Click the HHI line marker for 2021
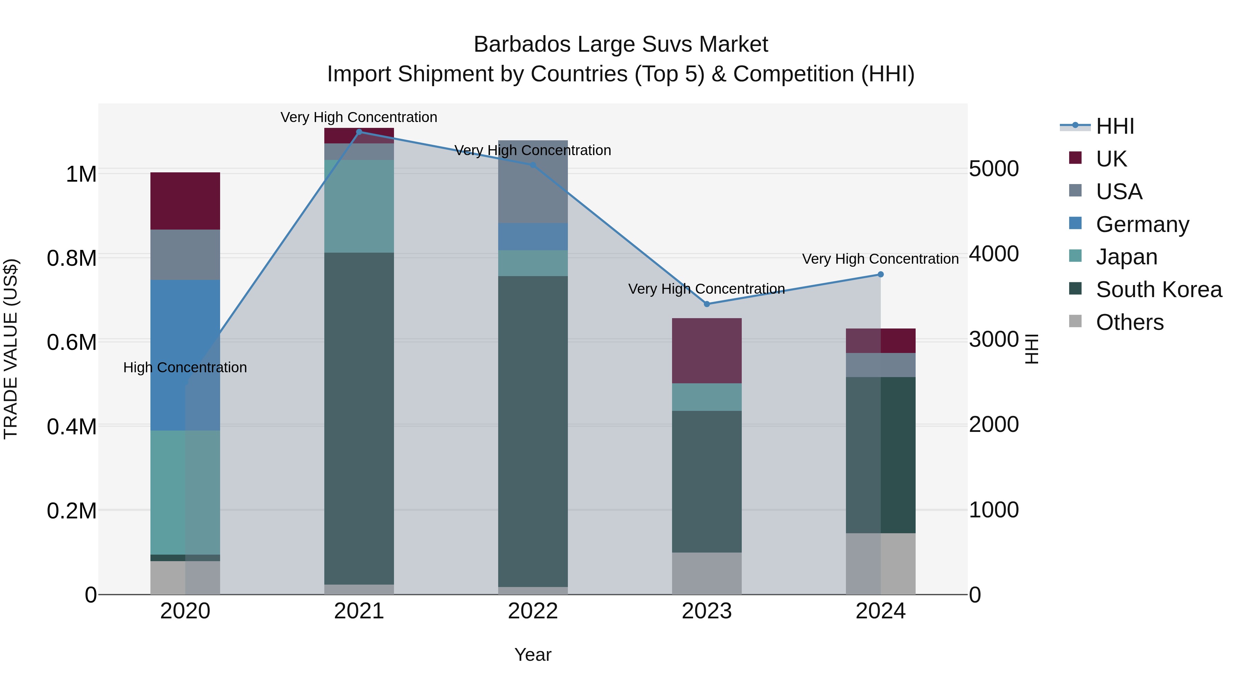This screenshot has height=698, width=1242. tap(359, 132)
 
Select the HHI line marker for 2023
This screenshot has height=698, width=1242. tap(707, 304)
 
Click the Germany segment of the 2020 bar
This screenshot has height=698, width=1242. tap(185, 355)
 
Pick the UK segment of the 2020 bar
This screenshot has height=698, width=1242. tap(185, 201)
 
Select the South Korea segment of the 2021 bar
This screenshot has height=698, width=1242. tap(359, 418)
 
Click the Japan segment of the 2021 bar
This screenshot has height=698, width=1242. tap(359, 206)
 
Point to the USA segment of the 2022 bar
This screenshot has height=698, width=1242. tap(533, 182)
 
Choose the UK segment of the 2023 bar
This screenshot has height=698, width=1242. tap(707, 351)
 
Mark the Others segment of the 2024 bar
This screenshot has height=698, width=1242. tap(880, 564)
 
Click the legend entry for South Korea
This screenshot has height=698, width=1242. tap(1159, 290)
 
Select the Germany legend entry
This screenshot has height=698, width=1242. tap(1142, 224)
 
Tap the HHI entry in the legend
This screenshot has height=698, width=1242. tap(1115, 126)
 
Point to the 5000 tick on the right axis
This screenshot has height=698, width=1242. tap(994, 169)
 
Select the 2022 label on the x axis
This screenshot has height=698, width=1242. tap(533, 611)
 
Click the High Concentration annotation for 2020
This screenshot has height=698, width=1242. tap(185, 367)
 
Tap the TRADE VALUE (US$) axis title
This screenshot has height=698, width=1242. tap(11, 349)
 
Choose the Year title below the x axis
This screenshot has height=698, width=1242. tap(533, 655)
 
